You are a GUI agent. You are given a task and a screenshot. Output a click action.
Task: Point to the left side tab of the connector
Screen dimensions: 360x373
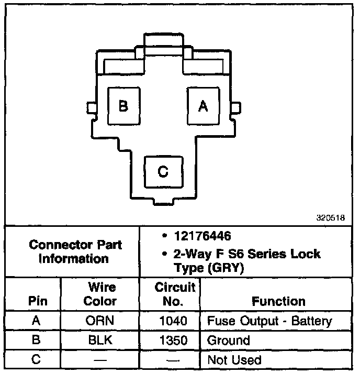[x=92, y=107]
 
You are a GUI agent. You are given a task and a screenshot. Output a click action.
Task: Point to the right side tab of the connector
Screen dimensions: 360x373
[x=235, y=107]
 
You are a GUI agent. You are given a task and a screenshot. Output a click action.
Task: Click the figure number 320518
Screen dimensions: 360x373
[x=330, y=219]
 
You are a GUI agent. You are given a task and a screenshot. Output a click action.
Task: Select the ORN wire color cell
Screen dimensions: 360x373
[x=100, y=321]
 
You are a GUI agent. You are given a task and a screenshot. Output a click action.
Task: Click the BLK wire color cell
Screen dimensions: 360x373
[x=100, y=340]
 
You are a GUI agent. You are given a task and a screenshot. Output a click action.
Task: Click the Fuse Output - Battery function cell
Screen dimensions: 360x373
[x=269, y=321]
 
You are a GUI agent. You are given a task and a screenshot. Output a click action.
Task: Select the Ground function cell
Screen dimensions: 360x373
[x=229, y=340]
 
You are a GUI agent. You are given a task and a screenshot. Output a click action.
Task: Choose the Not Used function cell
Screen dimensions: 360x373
[x=234, y=359]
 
